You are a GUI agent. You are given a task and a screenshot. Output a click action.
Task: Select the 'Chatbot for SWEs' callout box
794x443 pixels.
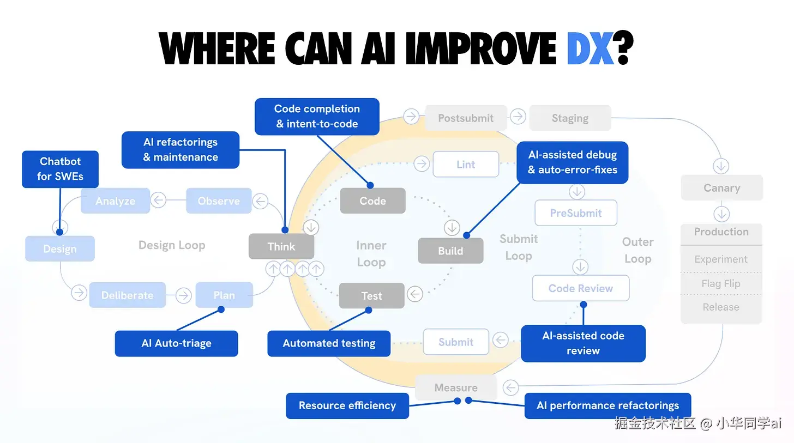coord(60,169)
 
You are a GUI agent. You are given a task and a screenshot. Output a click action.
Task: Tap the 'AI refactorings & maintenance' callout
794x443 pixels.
coord(181,150)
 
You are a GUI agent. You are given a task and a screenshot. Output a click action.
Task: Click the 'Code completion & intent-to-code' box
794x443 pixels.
coord(317,117)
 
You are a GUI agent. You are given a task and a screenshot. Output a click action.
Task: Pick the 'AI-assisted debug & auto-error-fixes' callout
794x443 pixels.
coord(572,162)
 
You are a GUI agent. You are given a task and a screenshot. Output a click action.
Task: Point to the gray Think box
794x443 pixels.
coord(281,247)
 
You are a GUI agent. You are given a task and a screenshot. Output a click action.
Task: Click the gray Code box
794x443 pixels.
coord(373,201)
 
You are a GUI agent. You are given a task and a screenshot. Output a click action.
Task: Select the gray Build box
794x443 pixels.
coord(450,251)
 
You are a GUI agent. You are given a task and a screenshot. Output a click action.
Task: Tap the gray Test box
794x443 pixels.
coord(372,296)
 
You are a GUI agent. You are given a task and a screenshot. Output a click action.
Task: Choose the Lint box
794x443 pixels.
coord(466,165)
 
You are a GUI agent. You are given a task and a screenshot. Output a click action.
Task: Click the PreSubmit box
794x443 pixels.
coord(576,213)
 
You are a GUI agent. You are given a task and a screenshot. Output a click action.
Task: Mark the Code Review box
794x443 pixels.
coord(581,288)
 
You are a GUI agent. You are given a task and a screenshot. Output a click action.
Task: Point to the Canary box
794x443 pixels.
coord(721,188)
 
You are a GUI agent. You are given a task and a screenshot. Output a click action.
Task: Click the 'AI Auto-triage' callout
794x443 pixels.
coord(176,343)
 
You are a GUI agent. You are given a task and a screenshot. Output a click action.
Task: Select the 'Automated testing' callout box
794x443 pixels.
coord(329,343)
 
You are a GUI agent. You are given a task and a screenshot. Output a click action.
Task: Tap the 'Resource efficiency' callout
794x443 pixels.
coord(347,405)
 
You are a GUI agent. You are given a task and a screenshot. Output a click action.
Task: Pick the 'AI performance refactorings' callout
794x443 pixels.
coord(607,405)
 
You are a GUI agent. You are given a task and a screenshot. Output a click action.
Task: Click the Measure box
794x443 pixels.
coord(456,387)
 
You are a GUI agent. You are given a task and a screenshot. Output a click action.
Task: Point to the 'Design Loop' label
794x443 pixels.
coord(172,245)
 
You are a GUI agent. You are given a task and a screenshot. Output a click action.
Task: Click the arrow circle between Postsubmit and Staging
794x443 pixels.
coord(518,116)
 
